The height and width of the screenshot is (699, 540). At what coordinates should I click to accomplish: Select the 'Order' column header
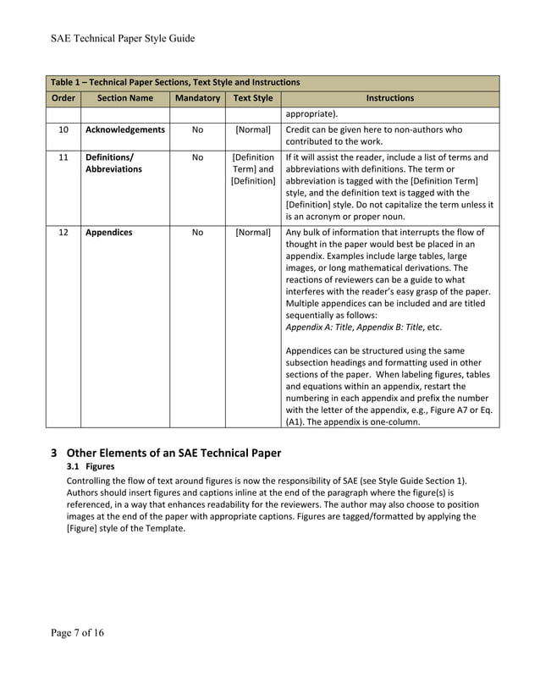(x=63, y=98)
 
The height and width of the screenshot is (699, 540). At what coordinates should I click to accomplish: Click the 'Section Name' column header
(x=124, y=98)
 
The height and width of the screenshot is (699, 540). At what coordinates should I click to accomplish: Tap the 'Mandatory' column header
(x=197, y=98)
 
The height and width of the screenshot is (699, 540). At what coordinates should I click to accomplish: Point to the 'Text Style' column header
(x=252, y=98)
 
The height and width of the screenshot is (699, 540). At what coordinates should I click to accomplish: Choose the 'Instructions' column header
(x=389, y=98)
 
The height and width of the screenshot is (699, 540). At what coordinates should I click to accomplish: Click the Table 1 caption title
(x=175, y=83)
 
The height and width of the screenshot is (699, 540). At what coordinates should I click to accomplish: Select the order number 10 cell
(x=63, y=130)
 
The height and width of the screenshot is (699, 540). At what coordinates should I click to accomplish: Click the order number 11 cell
(x=63, y=157)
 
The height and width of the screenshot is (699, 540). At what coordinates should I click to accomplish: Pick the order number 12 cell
(x=63, y=233)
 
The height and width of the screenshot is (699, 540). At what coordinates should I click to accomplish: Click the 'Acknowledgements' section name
(x=125, y=130)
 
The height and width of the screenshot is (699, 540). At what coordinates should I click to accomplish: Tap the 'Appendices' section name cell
(x=109, y=233)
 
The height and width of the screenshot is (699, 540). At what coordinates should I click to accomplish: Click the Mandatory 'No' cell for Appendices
(x=197, y=233)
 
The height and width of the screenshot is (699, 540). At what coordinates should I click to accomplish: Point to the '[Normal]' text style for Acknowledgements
(x=252, y=130)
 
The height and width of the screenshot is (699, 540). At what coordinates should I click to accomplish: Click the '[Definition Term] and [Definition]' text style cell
(x=252, y=169)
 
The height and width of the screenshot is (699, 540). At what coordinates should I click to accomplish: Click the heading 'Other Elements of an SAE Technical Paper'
(x=174, y=451)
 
